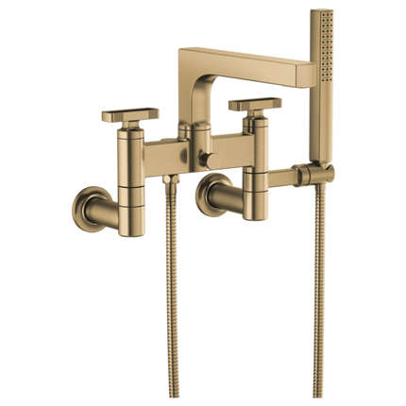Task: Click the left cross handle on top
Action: (129, 113)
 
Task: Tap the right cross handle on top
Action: (254, 103)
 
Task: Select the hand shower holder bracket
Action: (301, 173)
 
